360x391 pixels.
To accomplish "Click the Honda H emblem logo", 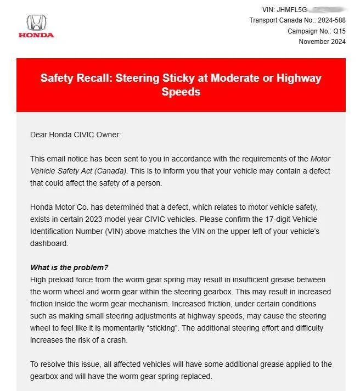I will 36,23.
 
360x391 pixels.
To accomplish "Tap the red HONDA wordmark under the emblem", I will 36,35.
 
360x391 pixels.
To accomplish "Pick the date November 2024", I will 322,41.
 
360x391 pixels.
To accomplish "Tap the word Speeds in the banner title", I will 181,92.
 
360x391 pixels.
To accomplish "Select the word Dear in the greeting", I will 40,135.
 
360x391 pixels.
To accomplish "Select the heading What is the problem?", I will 69,267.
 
